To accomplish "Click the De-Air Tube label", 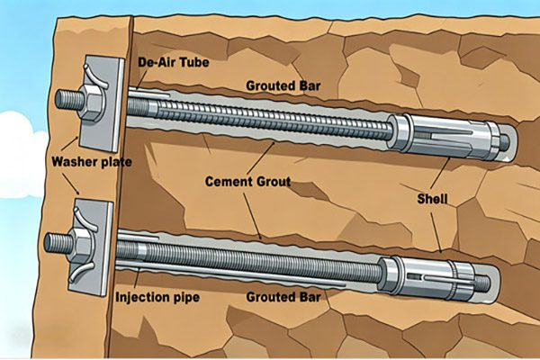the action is [173, 62].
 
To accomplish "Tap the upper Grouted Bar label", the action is [283, 85].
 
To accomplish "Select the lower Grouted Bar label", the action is [283, 297].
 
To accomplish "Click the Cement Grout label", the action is [248, 182].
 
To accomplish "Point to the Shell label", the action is [432, 199].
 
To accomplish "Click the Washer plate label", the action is [92, 162].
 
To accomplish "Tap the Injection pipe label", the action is [157, 297].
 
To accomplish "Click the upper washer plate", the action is [102, 103].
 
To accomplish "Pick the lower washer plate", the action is [91, 248].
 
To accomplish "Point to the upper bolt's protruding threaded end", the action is [69, 100].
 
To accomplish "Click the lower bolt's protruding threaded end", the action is [58, 242].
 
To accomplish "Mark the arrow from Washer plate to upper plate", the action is [70, 144].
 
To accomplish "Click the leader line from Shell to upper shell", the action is [440, 174].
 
